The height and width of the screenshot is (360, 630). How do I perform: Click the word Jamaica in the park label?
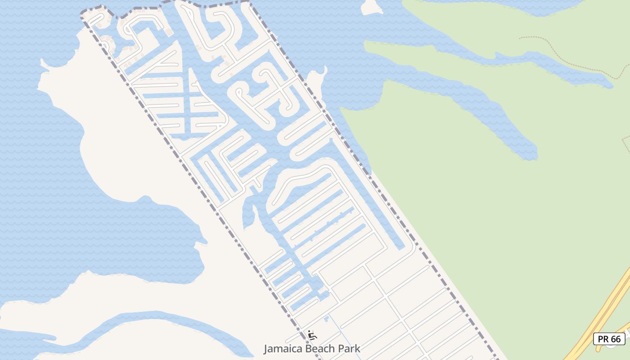tap(280, 349)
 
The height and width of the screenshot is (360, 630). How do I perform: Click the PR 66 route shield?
tap(609, 339)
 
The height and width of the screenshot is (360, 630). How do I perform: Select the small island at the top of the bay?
tap(371, 7)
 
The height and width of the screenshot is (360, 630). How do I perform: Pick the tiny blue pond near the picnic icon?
tap(326, 319)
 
